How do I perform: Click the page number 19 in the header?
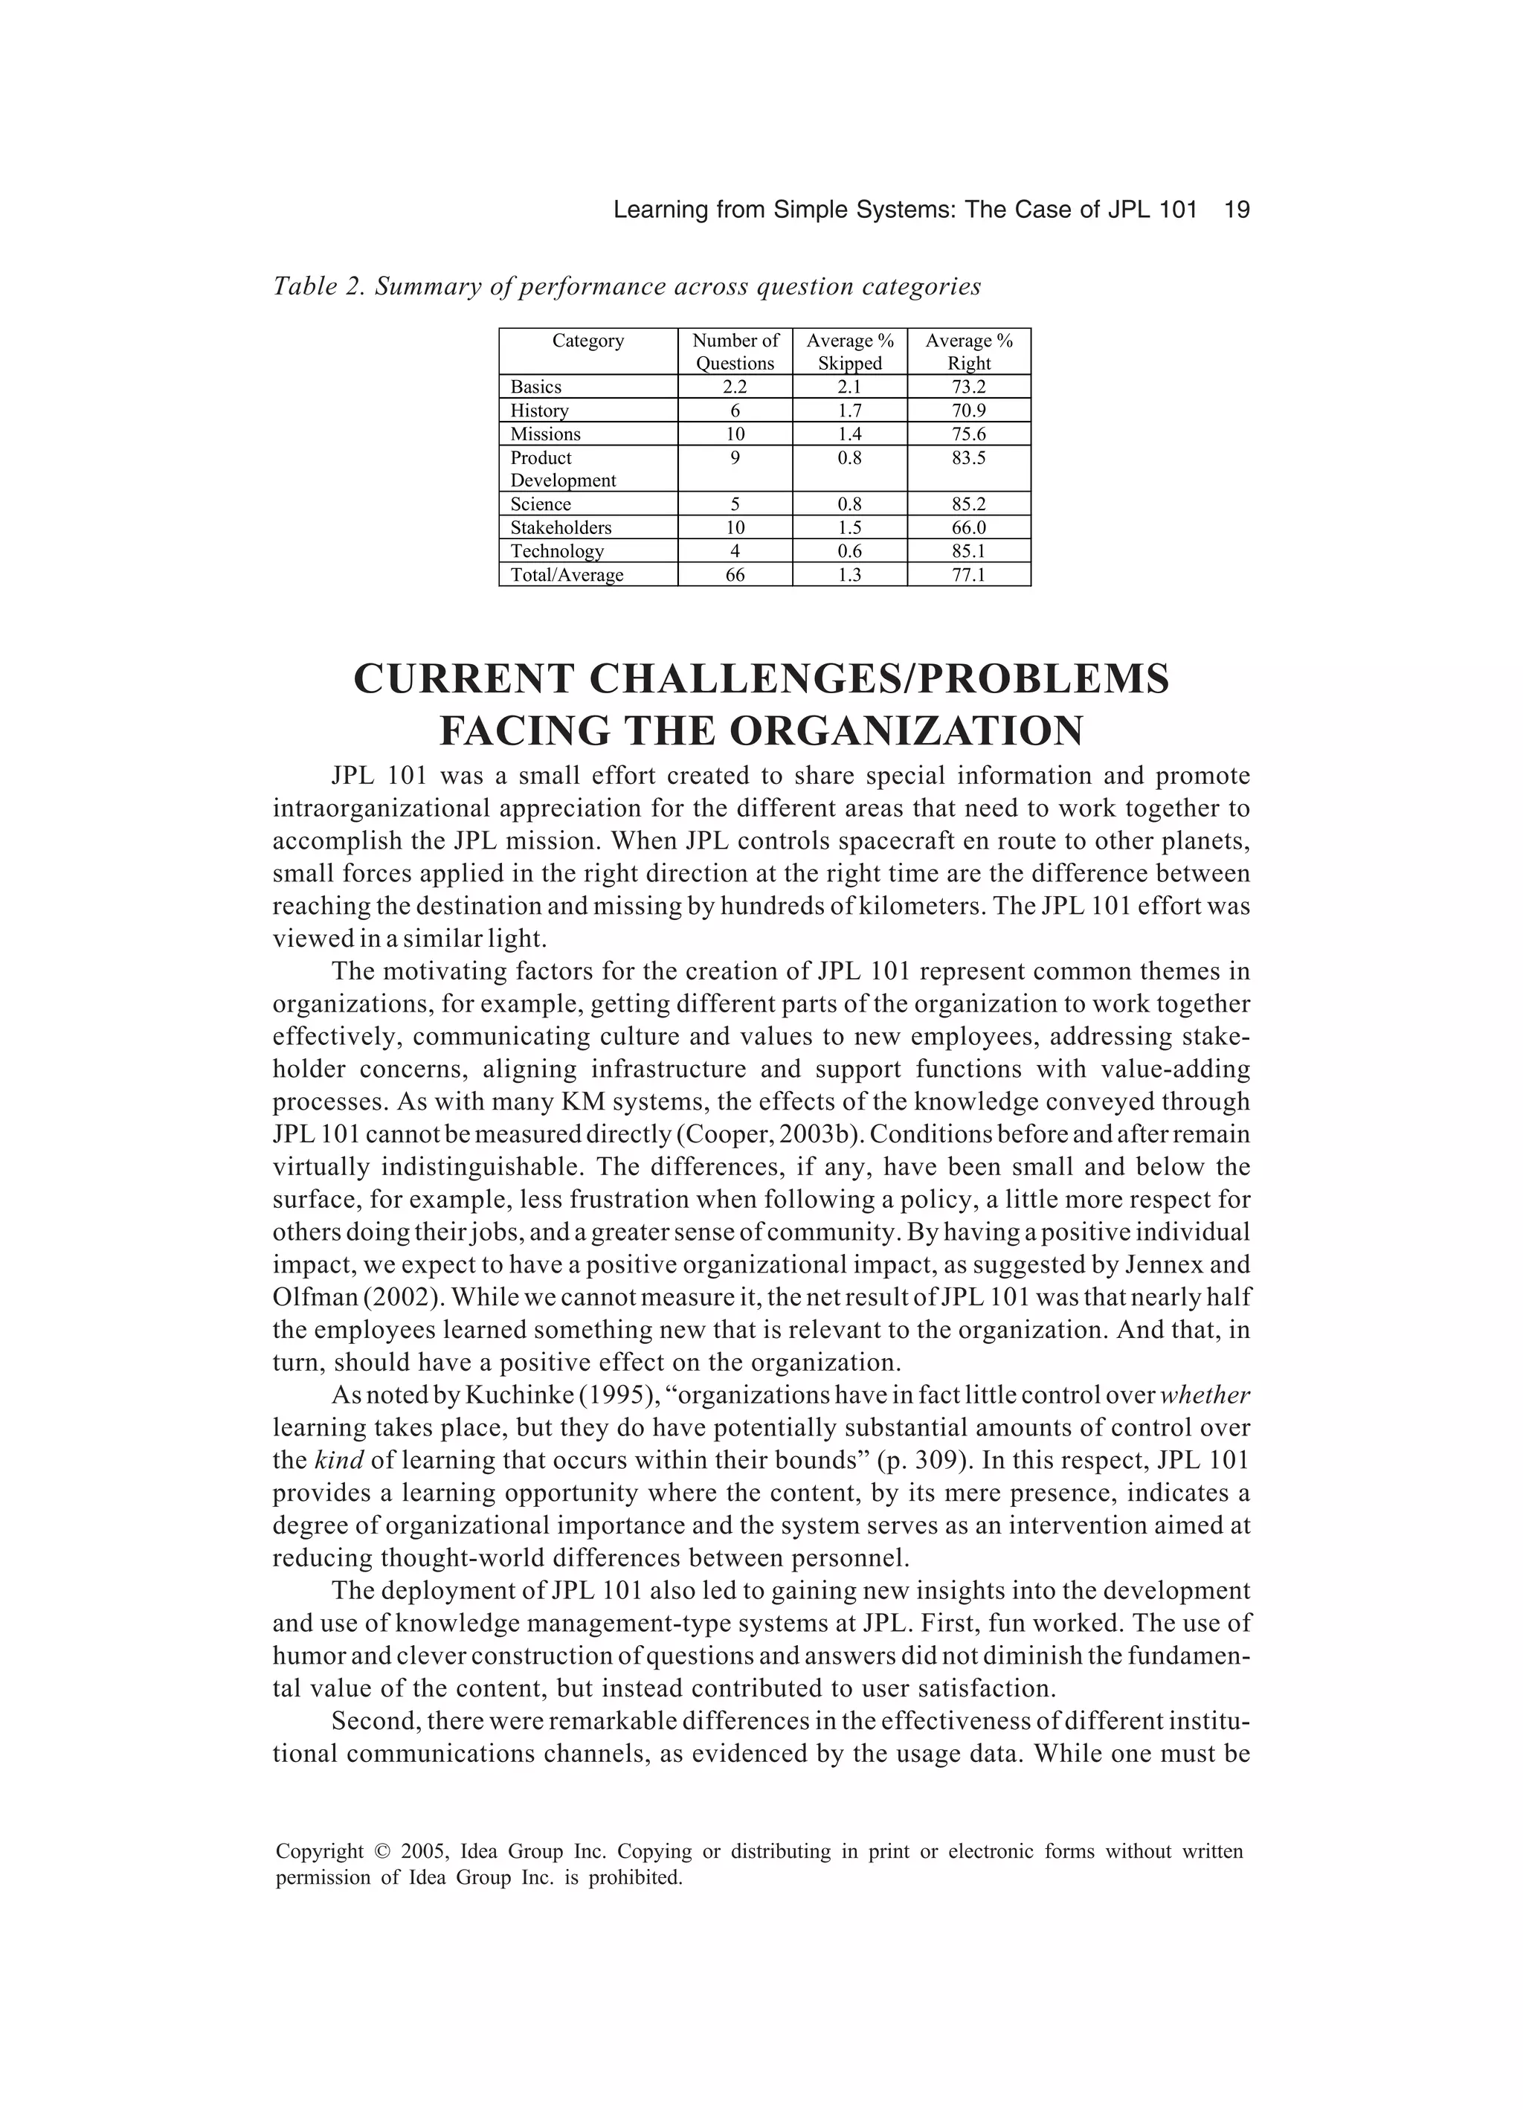click(x=1237, y=210)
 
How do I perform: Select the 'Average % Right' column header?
click(x=968, y=352)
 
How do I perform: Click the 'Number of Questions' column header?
click(x=735, y=352)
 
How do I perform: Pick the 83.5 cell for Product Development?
click(x=968, y=457)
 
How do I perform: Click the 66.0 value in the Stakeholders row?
click(x=968, y=527)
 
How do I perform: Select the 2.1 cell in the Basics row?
click(x=849, y=386)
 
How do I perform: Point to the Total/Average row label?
click(x=567, y=575)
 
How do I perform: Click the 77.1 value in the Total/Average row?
click(x=968, y=575)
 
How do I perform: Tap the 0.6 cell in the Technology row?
click(x=849, y=551)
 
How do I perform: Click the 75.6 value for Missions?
click(x=968, y=434)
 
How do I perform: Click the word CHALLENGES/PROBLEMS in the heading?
click(x=878, y=680)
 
